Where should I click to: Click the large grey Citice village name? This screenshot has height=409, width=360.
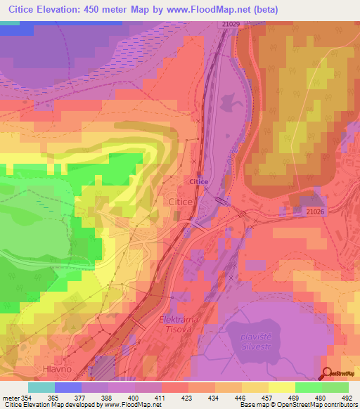[x=181, y=202]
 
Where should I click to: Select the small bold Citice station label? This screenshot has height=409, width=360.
[x=198, y=181]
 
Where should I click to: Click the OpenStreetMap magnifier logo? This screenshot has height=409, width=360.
[x=328, y=374]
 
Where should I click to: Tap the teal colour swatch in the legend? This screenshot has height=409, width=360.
[x=41, y=387]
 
